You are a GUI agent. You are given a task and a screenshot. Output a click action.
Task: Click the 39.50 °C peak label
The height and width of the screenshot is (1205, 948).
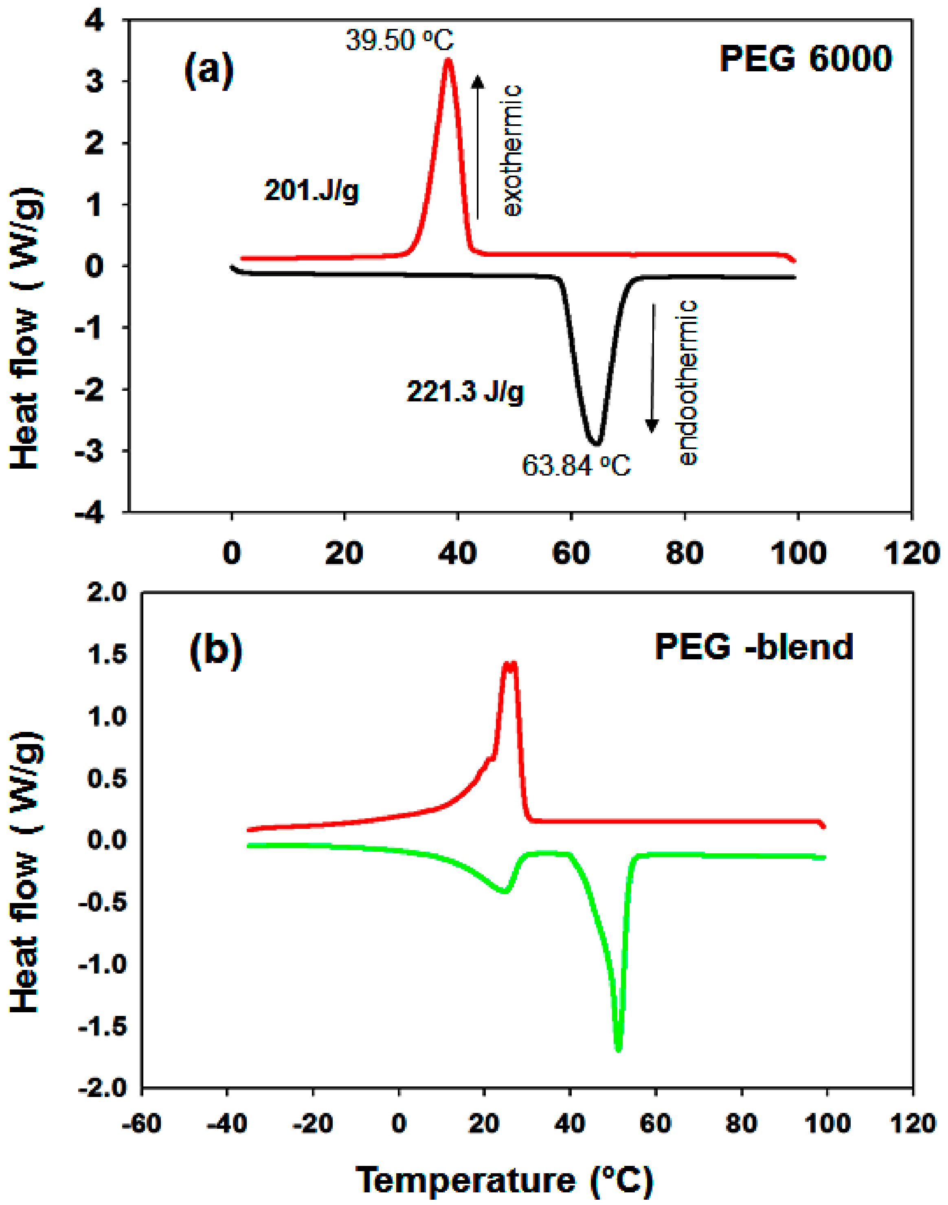(x=399, y=40)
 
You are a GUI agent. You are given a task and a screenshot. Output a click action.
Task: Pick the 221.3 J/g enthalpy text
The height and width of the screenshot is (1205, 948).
(x=465, y=392)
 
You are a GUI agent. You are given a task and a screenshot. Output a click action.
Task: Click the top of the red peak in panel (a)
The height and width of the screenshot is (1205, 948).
(x=448, y=59)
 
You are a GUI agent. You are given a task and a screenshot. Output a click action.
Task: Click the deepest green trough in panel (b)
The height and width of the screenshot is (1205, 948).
(x=618, y=1049)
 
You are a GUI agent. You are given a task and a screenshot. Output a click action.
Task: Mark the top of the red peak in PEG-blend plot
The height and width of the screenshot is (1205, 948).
(x=509, y=663)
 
